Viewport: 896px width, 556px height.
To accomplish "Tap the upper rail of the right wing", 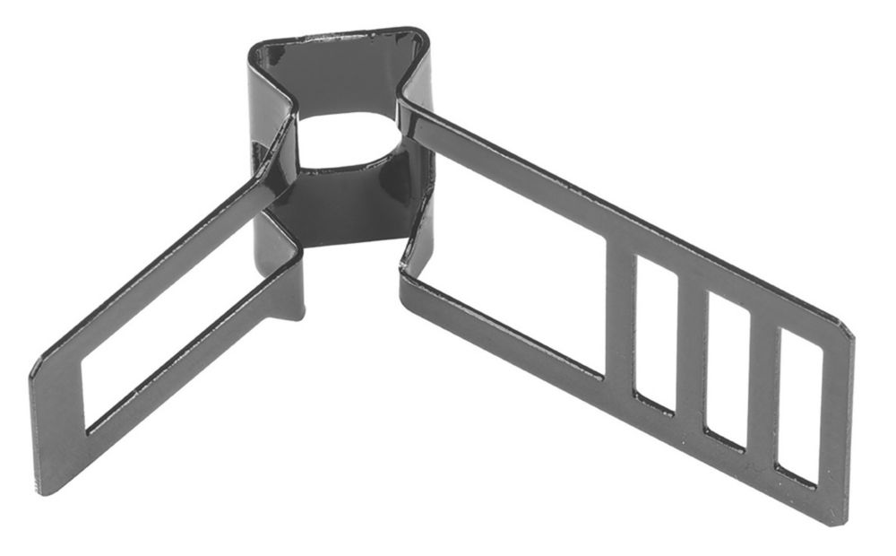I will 627,215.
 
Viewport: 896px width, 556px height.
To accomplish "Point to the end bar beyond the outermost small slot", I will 833,421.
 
